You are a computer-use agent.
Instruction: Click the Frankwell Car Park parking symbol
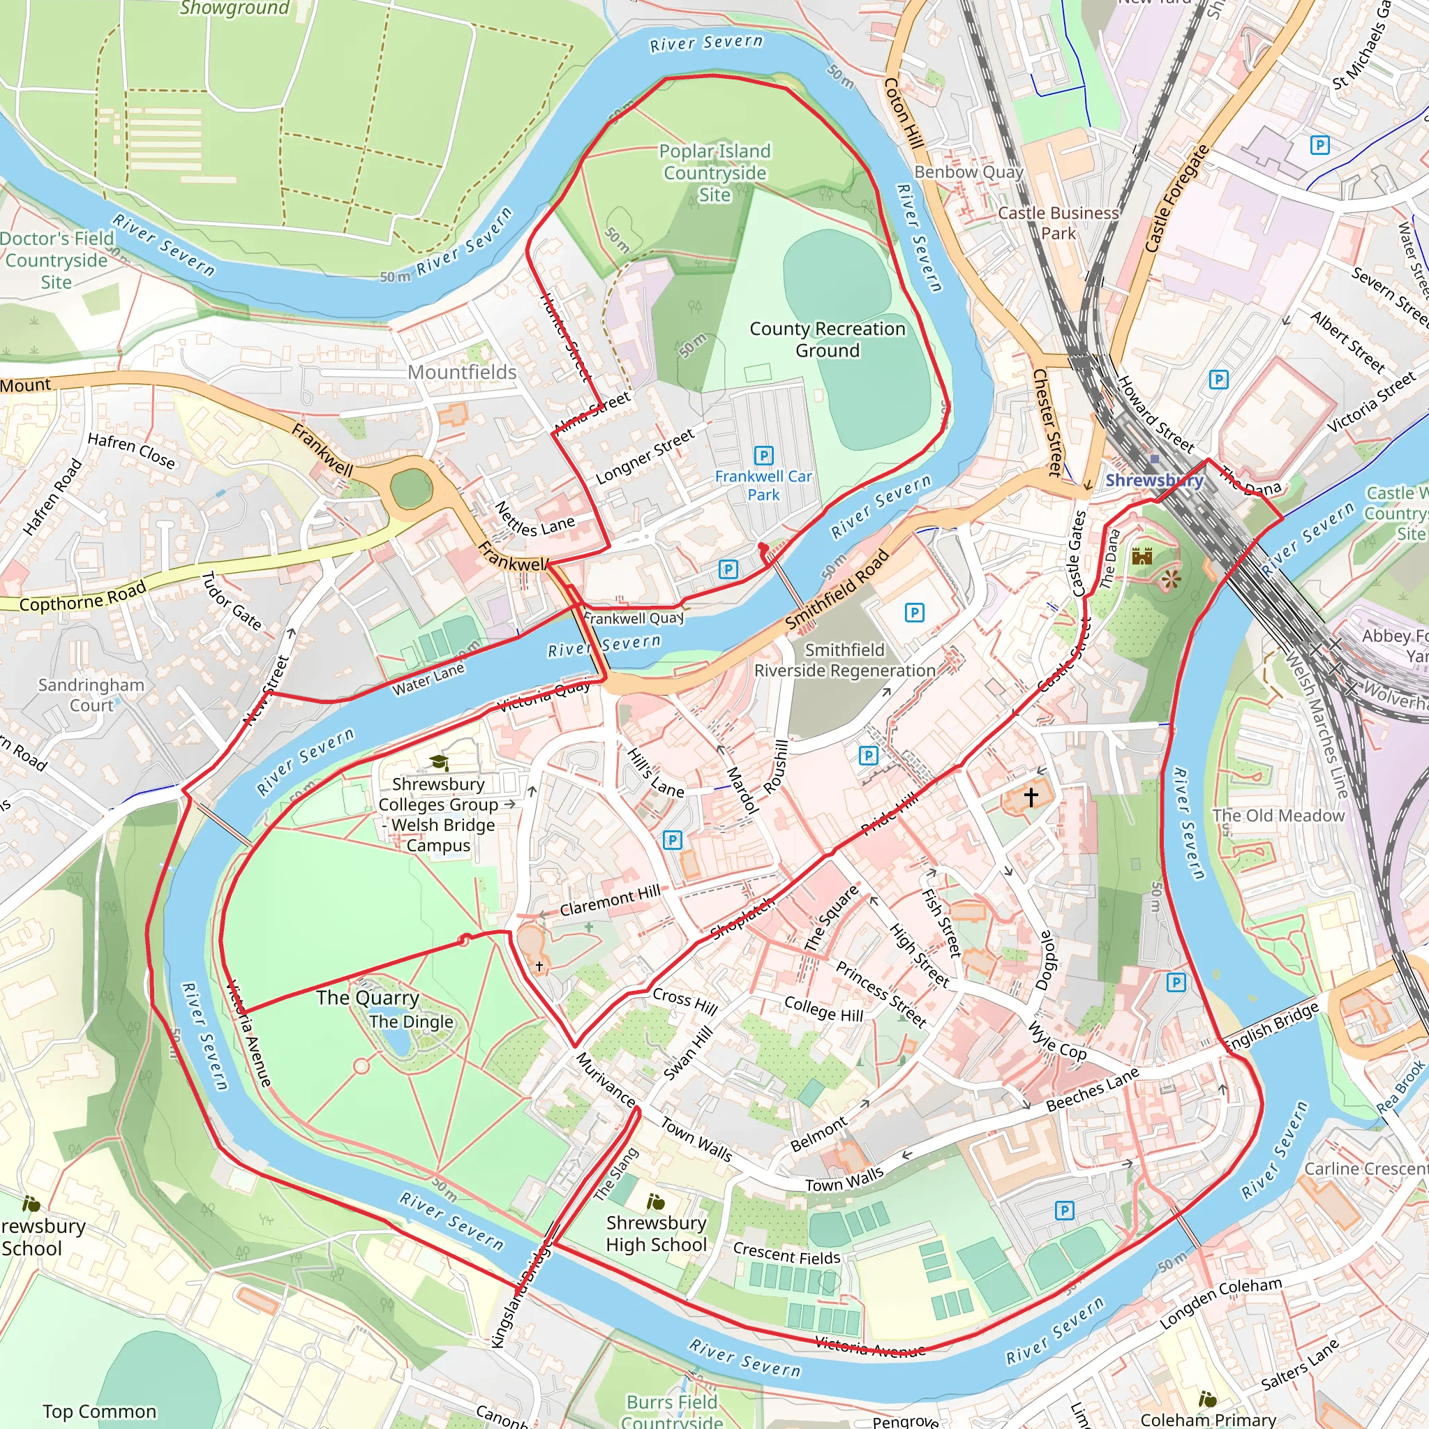(763, 455)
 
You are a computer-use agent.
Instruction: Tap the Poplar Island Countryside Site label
(714, 172)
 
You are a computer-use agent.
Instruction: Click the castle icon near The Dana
(1142, 555)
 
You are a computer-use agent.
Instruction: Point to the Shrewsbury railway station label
(1154, 480)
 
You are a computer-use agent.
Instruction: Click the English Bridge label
(1271, 1027)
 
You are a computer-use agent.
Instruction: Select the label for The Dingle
(411, 1022)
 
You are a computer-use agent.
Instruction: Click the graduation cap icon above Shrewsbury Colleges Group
(440, 762)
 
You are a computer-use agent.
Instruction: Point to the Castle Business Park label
(1058, 223)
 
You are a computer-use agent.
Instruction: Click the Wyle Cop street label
(1058, 1042)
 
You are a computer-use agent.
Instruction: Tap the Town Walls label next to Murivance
(696, 1140)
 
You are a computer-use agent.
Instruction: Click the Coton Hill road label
(903, 113)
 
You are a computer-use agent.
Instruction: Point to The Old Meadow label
(1278, 815)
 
